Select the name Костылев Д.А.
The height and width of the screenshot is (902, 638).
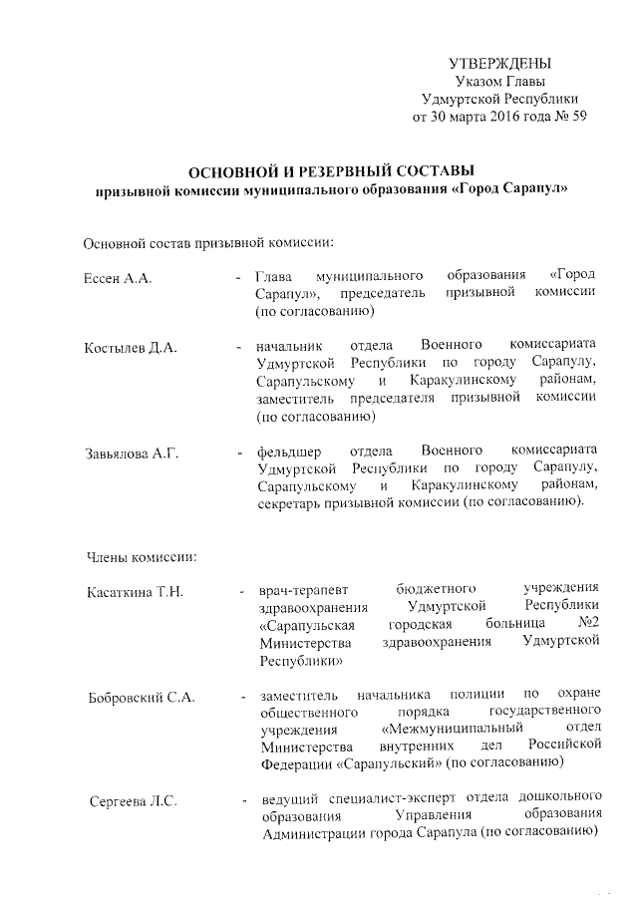130,348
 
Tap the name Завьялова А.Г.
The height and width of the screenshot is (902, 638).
132,454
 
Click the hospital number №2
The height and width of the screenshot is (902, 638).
588,624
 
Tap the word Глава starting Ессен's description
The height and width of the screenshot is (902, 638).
273,274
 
